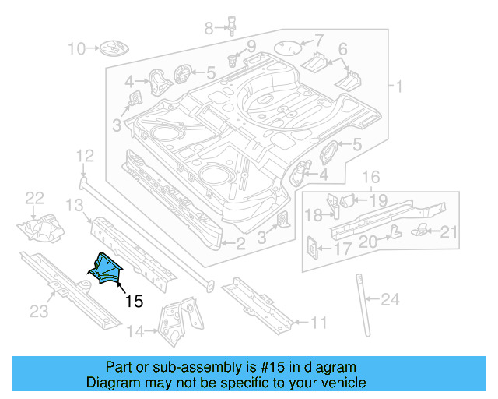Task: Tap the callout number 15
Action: (x=134, y=301)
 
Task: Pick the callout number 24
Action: (x=390, y=298)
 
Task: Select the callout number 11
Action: (x=319, y=322)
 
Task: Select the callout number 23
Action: (x=39, y=312)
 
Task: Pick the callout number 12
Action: (x=85, y=156)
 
